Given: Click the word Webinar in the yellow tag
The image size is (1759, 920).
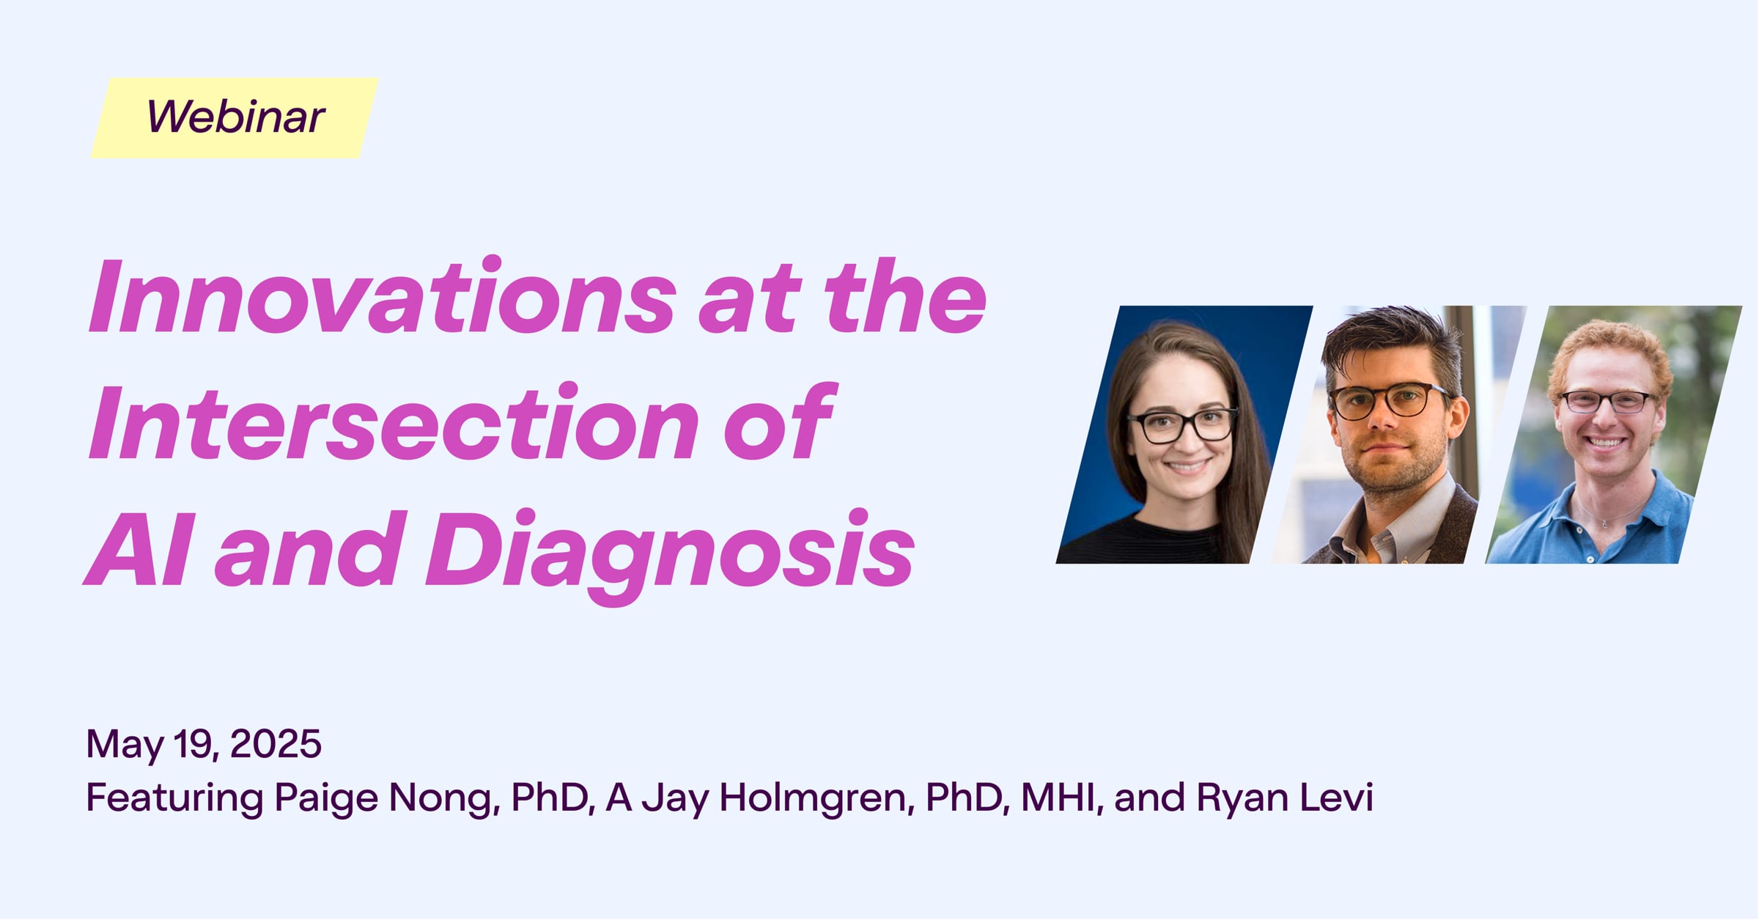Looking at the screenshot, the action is pos(235,117).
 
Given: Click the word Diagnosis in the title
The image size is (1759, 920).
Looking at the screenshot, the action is pos(671,554).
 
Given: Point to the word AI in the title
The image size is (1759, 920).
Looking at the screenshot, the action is pos(139,550).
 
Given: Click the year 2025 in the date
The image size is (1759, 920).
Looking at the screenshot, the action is pos(276,744).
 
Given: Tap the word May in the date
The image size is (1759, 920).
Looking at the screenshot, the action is pos(125,746).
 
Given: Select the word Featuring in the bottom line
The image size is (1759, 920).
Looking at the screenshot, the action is pos(174,798).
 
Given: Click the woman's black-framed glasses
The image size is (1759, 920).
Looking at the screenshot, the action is pos(1181,426).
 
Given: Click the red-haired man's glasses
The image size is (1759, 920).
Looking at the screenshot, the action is pos(1605,402).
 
